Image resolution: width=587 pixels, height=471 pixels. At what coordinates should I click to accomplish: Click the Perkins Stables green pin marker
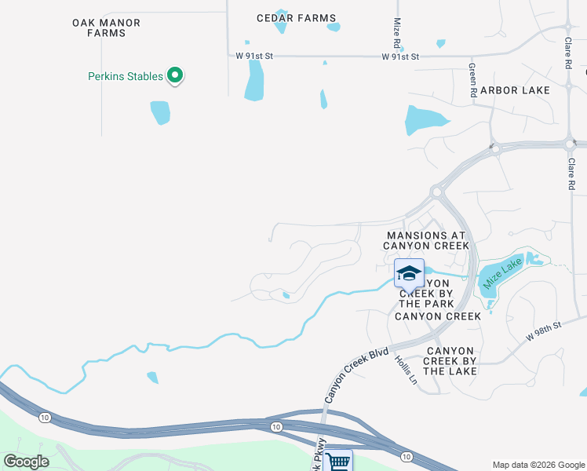click(176, 76)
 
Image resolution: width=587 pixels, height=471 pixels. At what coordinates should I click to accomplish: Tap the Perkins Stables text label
click(126, 76)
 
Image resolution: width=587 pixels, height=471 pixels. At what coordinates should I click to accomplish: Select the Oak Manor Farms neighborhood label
click(106, 28)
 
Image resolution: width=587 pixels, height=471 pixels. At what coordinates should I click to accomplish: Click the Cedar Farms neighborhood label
click(297, 18)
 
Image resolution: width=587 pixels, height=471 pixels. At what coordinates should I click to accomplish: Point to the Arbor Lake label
click(516, 90)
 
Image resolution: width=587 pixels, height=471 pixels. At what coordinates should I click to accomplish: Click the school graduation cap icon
click(409, 273)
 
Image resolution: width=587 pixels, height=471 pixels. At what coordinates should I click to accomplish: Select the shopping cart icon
click(337, 461)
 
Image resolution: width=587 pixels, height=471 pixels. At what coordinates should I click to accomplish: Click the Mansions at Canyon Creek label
click(426, 240)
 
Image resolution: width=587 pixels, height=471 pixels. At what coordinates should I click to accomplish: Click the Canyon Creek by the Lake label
click(450, 360)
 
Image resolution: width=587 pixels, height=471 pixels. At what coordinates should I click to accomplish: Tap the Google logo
click(26, 461)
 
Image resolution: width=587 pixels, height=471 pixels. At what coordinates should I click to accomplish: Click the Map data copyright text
click(538, 465)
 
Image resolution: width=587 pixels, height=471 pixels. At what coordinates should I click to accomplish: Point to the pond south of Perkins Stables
click(160, 112)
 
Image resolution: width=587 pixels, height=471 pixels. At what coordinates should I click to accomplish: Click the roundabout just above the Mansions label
click(436, 192)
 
